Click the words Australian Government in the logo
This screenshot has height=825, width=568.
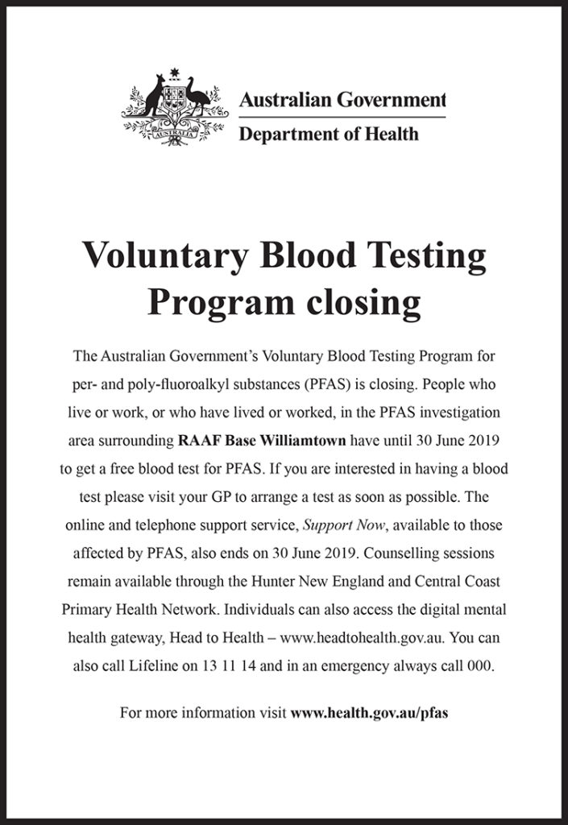342,101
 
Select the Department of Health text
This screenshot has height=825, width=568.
329,133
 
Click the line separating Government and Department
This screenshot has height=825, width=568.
342,118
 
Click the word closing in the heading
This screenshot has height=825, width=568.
359,303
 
